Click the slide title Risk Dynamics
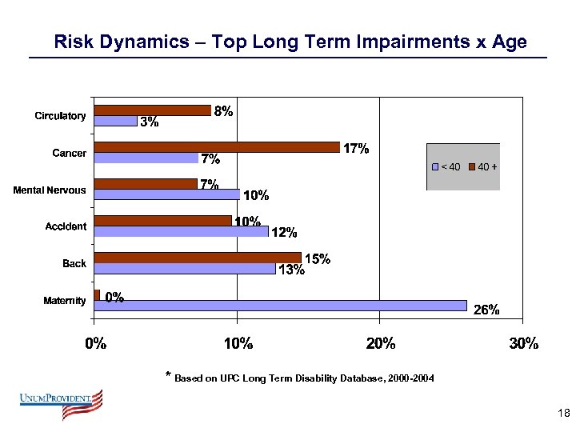pos(290,42)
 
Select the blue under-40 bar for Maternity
pos(280,305)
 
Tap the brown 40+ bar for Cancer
pos(217,146)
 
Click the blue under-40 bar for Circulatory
pos(115,121)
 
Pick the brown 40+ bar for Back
pos(198,258)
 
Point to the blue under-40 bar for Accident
pos(181,231)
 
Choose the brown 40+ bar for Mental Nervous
pos(146,184)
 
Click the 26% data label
pos(486,310)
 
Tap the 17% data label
pos(356,149)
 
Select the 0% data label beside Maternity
pos(114,298)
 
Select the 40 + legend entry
pos(482,166)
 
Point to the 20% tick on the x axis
pos(380,344)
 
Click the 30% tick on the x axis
pos(523,344)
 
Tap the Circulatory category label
pos(60,116)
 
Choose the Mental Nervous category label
pos(50,190)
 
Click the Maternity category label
pos(64,301)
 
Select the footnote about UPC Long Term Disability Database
pos(299,378)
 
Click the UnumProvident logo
pos(62,404)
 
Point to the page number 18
pos(562,414)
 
